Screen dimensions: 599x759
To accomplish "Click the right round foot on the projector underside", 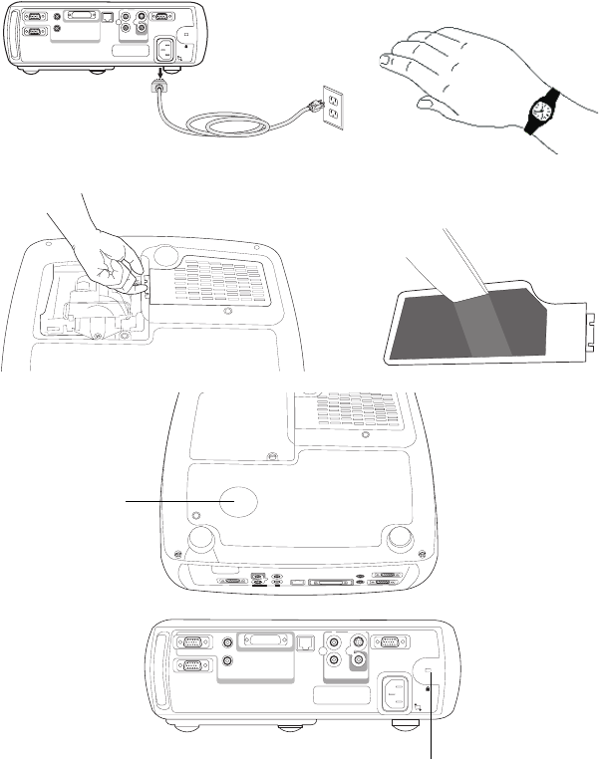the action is [x=401, y=538].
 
